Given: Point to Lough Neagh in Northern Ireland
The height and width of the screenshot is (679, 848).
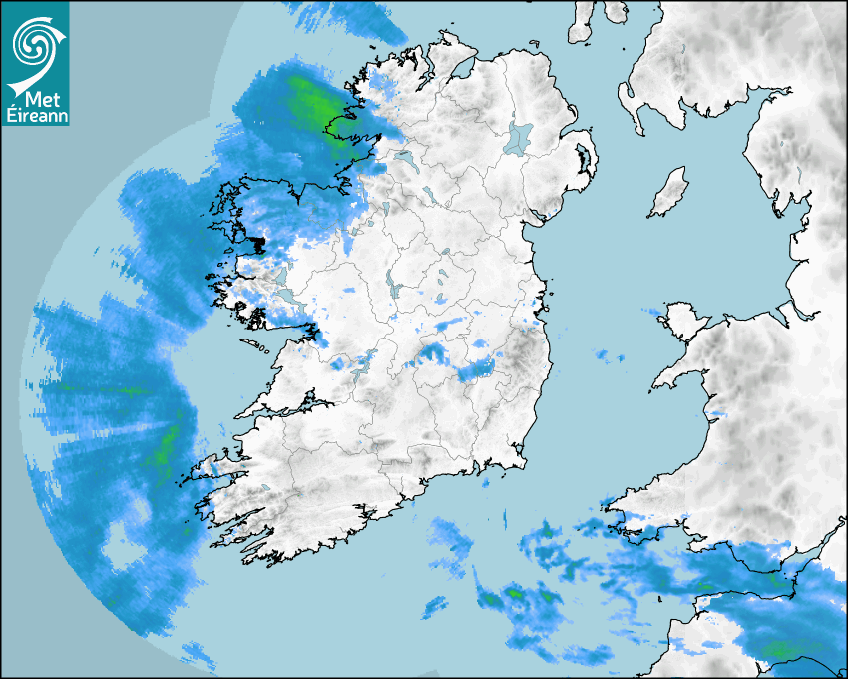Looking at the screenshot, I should click(519, 137).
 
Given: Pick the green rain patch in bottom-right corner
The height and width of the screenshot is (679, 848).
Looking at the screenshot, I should click(782, 650).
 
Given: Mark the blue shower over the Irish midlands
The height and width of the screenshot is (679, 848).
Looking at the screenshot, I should click(477, 369).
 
